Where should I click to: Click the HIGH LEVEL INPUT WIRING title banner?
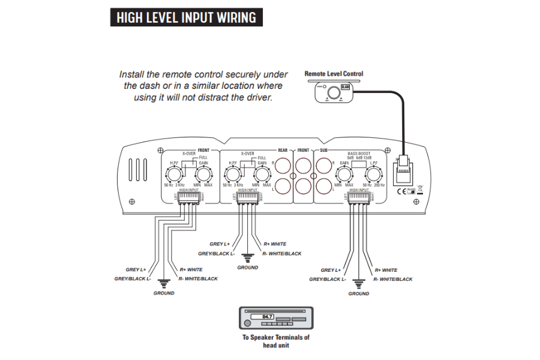[x=185, y=17]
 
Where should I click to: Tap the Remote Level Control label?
[x=334, y=74]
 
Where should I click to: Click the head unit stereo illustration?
[x=275, y=318]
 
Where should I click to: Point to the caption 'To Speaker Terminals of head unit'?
[x=275, y=341]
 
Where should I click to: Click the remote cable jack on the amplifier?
[x=402, y=169]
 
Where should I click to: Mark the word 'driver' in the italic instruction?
[x=257, y=97]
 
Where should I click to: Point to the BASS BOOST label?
[x=359, y=154]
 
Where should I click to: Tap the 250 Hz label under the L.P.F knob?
[x=380, y=185]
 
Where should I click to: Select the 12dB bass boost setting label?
[x=371, y=158]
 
